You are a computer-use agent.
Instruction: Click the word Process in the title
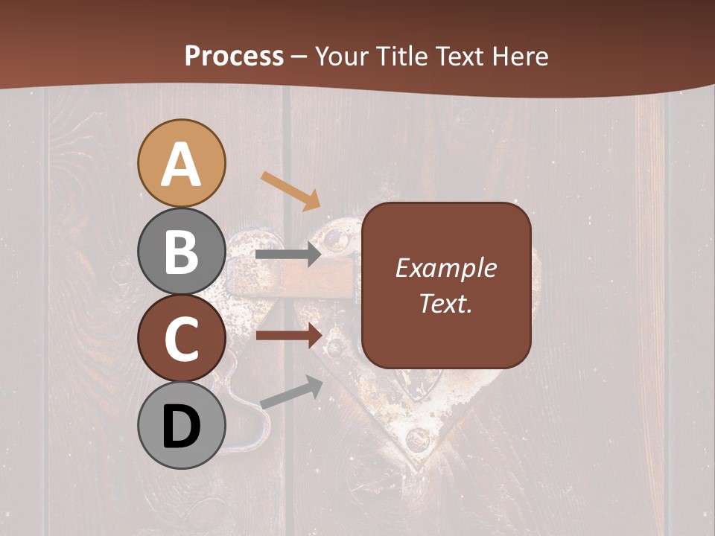pos(234,56)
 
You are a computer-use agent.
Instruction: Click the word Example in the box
pos(445,268)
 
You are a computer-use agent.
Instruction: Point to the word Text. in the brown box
pos(445,304)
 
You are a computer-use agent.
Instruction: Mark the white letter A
pos(182,165)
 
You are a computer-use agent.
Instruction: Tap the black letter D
pos(182,427)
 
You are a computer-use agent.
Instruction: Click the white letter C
pos(182,339)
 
